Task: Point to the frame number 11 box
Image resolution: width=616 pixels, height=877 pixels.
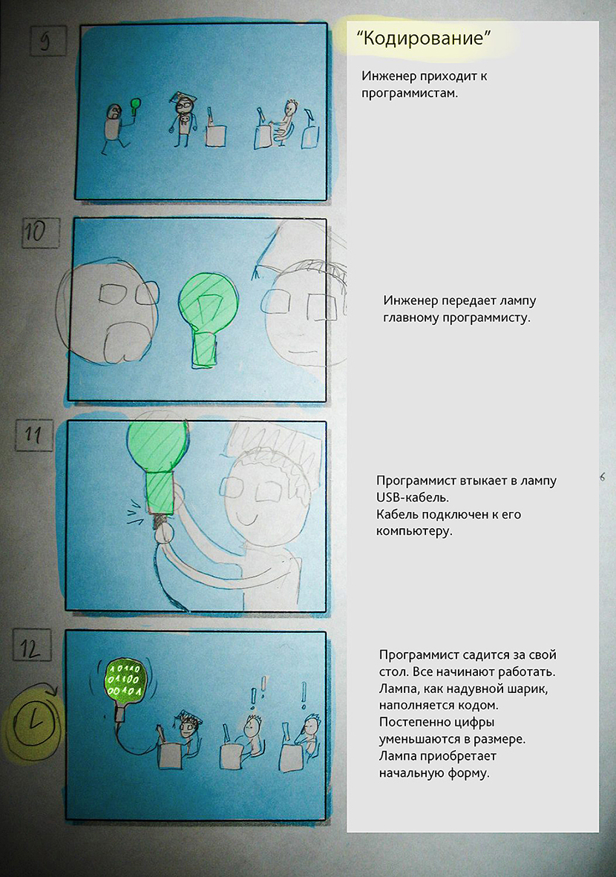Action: click(x=33, y=435)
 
